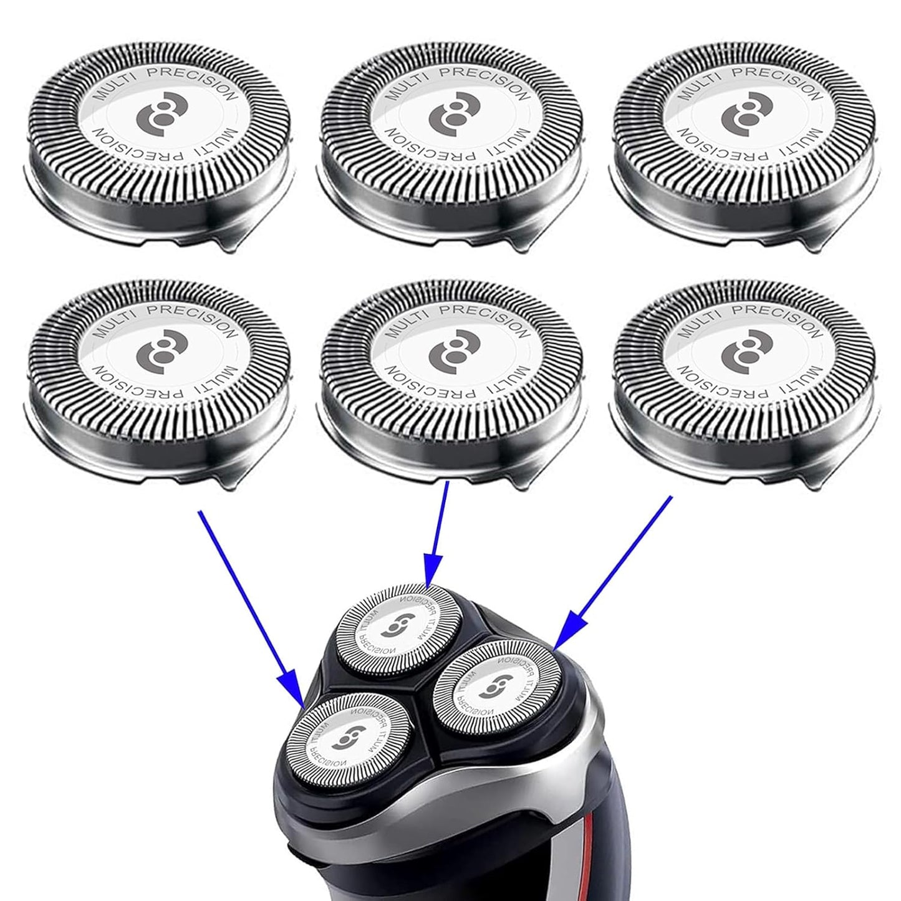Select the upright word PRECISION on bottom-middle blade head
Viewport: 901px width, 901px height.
(x=490, y=316)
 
